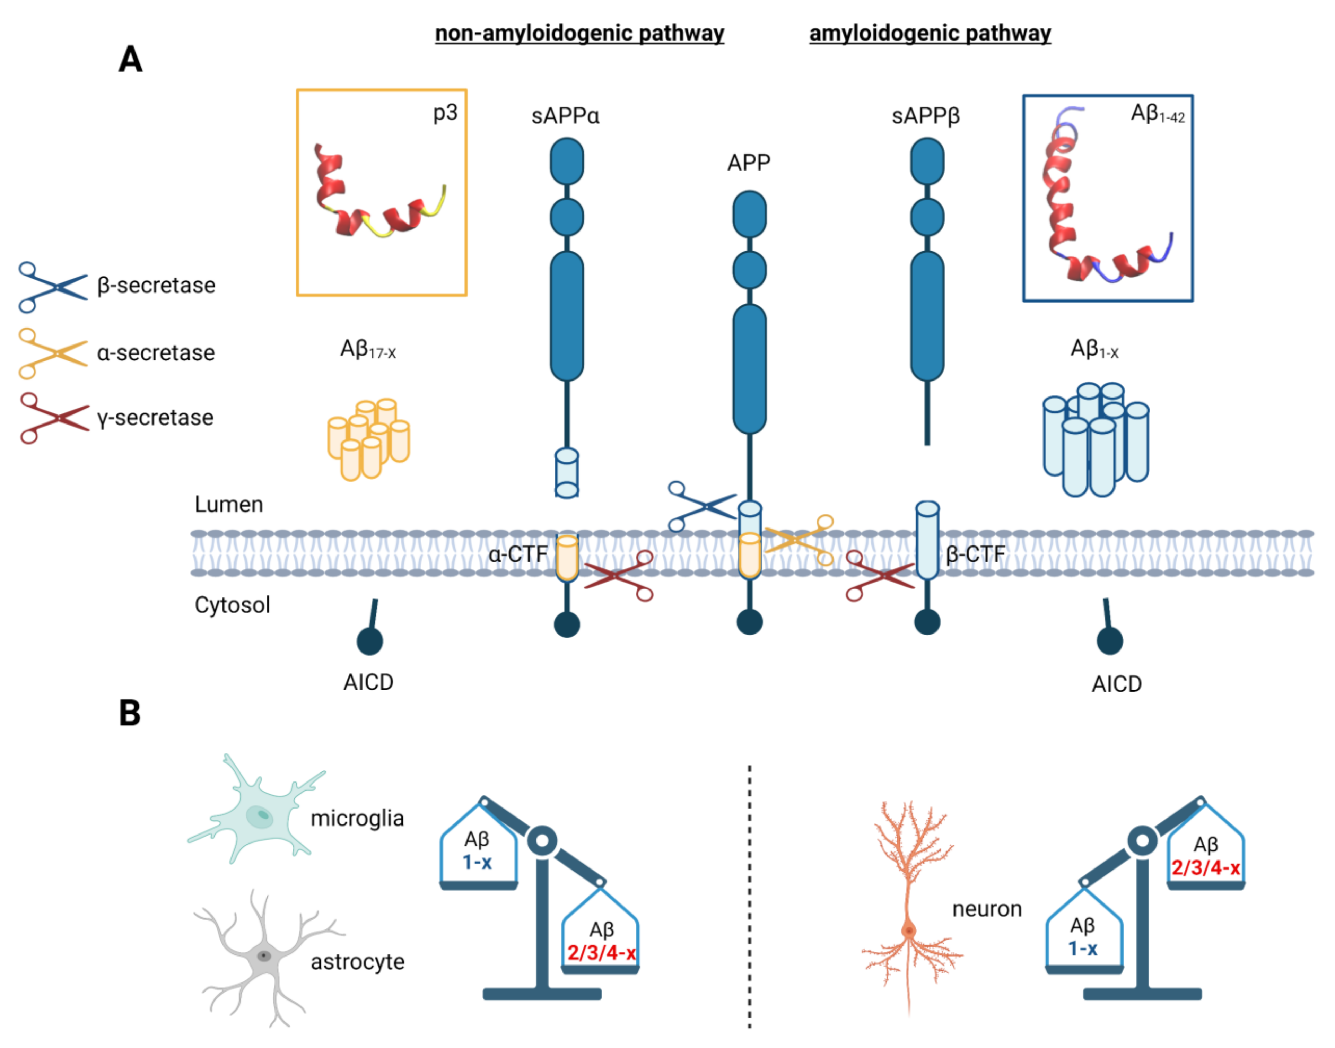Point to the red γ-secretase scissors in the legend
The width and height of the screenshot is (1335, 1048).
(54, 418)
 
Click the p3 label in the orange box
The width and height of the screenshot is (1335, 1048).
(445, 113)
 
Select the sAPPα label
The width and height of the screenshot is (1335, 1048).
(565, 115)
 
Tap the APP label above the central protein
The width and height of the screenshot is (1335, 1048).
(749, 163)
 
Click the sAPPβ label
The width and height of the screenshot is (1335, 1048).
(925, 115)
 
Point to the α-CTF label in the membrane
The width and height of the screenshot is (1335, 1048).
(517, 554)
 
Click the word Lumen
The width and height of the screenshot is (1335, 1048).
(228, 504)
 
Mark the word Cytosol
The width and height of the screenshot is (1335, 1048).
(232, 605)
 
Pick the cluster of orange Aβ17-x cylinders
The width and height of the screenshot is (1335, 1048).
(368, 439)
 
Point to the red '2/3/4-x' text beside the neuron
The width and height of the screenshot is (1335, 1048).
(1205, 867)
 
